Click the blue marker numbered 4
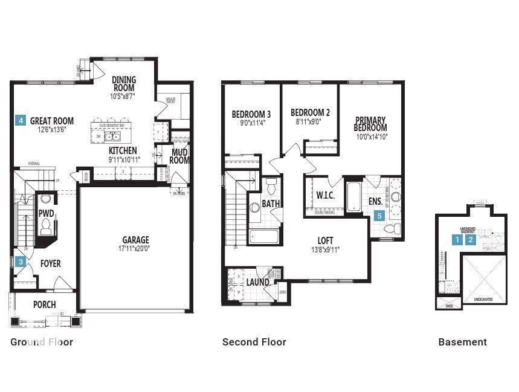coord(21,121)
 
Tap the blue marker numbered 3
coord(21,262)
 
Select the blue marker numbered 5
coord(379,214)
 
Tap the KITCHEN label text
coord(123,150)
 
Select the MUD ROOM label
coord(179,156)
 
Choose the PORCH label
coord(45,304)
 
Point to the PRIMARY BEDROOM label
coord(370,124)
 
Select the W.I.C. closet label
coord(321,195)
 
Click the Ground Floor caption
coord(42,342)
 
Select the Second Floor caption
coord(254,342)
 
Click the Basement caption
coord(462,342)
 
